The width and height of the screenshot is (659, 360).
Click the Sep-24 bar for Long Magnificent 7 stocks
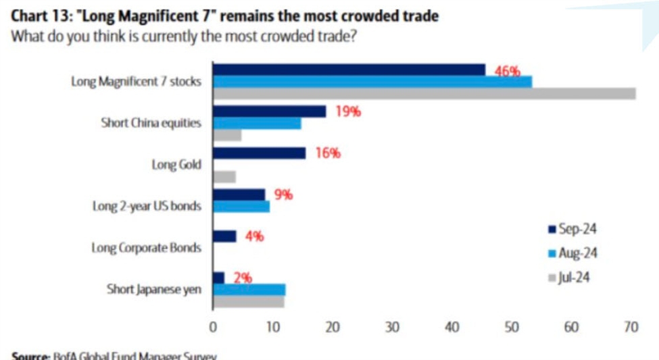click(349, 70)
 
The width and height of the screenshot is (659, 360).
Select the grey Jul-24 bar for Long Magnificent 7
click(424, 93)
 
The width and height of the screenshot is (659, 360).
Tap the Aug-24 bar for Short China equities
click(257, 124)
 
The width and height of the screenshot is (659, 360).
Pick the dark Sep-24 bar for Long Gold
click(260, 153)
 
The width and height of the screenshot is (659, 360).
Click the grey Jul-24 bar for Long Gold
click(224, 177)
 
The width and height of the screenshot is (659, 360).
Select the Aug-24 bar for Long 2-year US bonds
click(241, 207)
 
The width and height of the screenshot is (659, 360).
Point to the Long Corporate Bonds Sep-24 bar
click(224, 236)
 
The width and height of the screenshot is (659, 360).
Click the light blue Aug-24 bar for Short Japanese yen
click(249, 290)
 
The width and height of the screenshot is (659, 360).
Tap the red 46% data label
click(508, 71)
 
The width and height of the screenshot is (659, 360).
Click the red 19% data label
click(348, 111)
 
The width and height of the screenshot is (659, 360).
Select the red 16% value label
click(328, 153)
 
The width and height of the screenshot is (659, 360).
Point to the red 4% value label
click(255, 236)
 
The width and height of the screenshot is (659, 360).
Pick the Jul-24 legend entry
click(568, 277)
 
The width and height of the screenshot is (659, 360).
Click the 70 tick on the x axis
click(631, 328)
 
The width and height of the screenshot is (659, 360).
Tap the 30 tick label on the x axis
click(392, 328)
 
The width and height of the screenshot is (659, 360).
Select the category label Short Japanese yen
click(153, 289)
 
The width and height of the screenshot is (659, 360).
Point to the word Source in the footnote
click(30, 355)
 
